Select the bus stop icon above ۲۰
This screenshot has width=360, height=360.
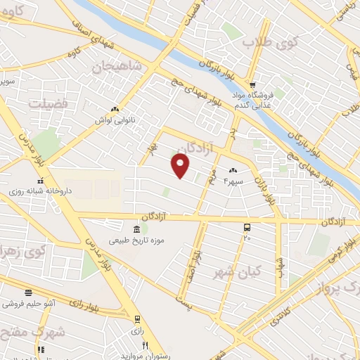pyautogui.click(x=247, y=227)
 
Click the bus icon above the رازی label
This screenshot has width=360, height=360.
pyautogui.click(x=137, y=319)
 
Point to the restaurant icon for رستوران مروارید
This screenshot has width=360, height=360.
pyautogui.click(x=145, y=345)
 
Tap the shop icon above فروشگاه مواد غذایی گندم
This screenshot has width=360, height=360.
pyautogui.click(x=253, y=84)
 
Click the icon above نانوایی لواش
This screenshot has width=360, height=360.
pyautogui.click(x=114, y=109)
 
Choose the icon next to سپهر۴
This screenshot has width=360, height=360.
pyautogui.click(x=233, y=170)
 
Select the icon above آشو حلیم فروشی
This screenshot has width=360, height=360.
pyautogui.click(x=28, y=292)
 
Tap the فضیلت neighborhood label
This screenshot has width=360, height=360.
pyautogui.click(x=48, y=103)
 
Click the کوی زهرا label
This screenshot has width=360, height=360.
pyautogui.click(x=16, y=250)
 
